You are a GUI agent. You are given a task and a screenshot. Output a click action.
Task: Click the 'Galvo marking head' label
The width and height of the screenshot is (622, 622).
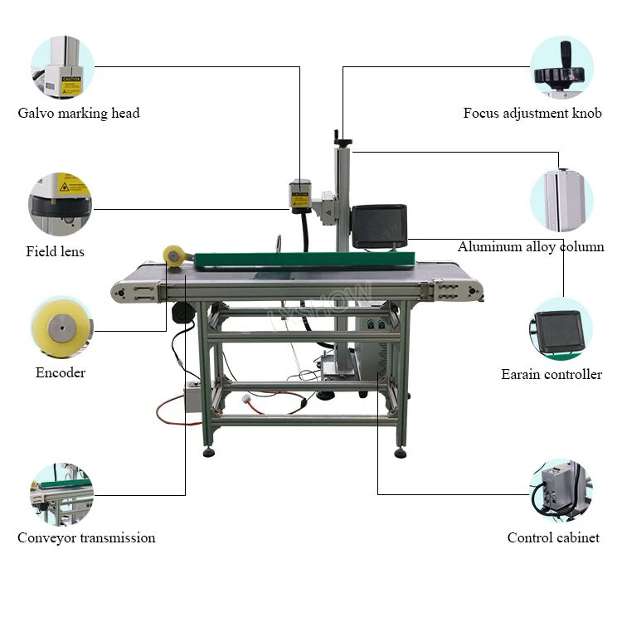click(79, 113)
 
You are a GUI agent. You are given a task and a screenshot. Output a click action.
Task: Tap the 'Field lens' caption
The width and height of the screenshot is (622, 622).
click(55, 250)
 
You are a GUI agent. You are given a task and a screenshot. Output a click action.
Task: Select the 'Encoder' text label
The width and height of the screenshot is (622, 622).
click(61, 372)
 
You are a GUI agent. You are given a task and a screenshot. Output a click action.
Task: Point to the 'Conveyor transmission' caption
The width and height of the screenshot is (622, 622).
click(86, 537)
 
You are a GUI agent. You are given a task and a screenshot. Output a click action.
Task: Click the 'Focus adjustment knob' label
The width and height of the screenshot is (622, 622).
click(532, 113)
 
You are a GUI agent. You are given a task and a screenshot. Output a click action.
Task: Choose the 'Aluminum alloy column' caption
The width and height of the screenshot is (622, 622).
click(531, 246)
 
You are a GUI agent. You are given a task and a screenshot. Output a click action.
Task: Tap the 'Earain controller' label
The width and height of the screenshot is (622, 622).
click(552, 374)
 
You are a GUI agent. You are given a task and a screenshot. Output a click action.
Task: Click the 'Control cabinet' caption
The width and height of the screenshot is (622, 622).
click(553, 537)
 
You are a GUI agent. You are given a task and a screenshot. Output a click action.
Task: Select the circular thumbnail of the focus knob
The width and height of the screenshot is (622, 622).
click(561, 67)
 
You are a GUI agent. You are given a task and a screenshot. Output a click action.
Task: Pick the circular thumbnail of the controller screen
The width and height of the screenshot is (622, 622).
click(561, 329)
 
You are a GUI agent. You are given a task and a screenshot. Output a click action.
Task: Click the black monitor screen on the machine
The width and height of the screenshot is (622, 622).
click(379, 225)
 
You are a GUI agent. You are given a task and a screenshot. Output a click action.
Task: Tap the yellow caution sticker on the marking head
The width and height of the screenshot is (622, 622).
click(299, 200)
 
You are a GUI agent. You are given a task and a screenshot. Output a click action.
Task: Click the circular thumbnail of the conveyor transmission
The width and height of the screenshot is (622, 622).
click(61, 494)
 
